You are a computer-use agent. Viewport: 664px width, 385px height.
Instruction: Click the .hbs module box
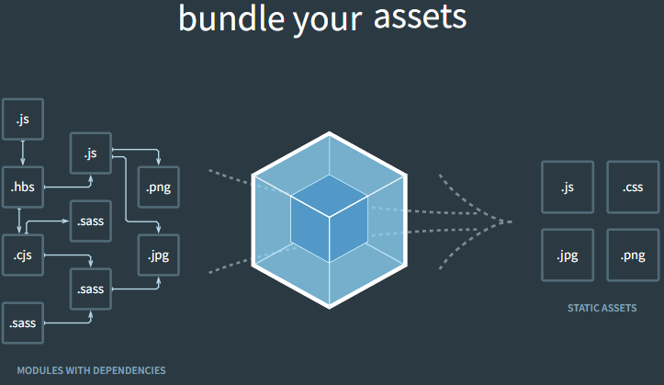pyautogui.click(x=23, y=187)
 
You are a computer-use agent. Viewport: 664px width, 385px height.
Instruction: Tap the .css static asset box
pyautogui.click(x=633, y=187)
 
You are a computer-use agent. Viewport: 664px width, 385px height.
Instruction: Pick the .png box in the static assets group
pyautogui.click(x=633, y=255)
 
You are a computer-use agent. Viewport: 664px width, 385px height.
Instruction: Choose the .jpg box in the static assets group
pyautogui.click(x=567, y=255)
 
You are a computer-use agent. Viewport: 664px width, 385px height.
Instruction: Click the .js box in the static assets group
pyautogui.click(x=567, y=187)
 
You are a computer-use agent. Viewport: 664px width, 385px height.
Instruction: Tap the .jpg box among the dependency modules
pyautogui.click(x=158, y=255)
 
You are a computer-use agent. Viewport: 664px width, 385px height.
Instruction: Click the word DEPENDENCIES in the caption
pyautogui.click(x=127, y=370)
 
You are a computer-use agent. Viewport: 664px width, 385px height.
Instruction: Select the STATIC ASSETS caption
pyautogui.click(x=602, y=308)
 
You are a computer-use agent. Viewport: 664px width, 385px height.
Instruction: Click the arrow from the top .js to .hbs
pyautogui.click(x=23, y=152)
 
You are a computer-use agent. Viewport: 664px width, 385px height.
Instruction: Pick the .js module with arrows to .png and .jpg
pyautogui.click(x=90, y=153)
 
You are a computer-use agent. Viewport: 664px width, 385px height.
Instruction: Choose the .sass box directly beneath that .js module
pyautogui.click(x=90, y=221)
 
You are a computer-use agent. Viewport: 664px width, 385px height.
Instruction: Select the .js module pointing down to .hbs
pyautogui.click(x=23, y=119)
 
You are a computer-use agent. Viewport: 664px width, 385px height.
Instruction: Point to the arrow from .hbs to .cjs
pyautogui.click(x=19, y=221)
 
